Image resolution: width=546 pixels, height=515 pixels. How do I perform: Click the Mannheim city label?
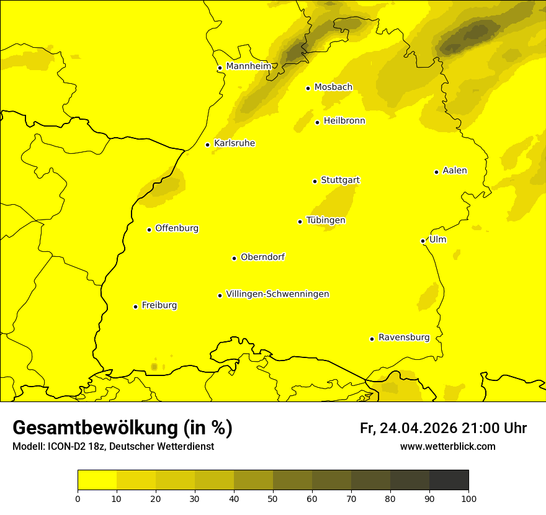point(248,66)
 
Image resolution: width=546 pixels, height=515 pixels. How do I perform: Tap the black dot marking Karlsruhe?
point(208,145)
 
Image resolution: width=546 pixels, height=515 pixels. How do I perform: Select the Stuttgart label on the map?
point(340,180)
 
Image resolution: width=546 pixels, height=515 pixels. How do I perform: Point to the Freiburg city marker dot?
point(135,307)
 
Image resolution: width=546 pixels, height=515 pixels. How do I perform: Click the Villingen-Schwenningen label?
point(277,294)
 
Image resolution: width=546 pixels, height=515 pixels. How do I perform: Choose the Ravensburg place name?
point(404,338)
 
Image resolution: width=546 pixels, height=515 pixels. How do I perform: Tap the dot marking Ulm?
point(423,241)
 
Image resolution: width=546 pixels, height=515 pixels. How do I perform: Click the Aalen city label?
point(455,171)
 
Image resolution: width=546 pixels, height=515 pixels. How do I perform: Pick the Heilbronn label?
point(344,121)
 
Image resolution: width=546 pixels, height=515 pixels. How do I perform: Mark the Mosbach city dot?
point(308,88)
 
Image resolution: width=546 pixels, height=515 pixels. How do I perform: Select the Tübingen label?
point(326,220)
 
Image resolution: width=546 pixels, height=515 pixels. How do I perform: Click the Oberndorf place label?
point(262,257)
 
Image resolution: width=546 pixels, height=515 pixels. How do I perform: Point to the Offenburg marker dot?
point(149,230)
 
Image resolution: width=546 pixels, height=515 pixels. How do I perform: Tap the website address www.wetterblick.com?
point(447,447)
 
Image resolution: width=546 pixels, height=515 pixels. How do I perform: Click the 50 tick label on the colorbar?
point(273,498)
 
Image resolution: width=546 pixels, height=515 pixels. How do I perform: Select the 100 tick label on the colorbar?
point(468,498)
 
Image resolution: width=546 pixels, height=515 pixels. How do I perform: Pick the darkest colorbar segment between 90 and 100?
point(449,480)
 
